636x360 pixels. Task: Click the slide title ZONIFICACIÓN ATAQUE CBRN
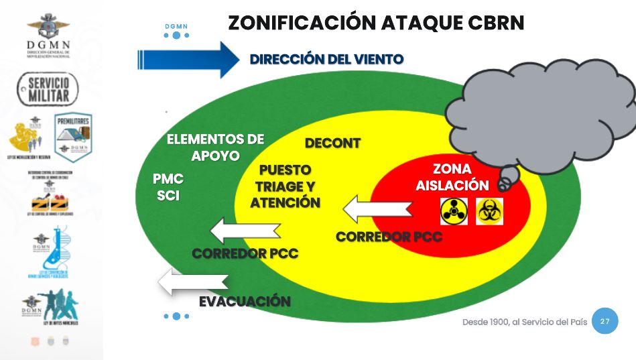coord(375,22)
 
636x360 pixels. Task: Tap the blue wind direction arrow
coord(187,59)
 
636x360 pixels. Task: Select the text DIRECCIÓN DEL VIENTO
coord(326,59)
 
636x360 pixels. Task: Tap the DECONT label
coord(332,143)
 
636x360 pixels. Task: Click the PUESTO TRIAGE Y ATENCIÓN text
coord(285,186)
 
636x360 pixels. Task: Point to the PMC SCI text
coord(168,188)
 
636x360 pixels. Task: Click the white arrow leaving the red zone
coord(377,209)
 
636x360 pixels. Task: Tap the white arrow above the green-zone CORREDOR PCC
coord(245,232)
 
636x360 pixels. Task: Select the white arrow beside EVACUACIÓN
coord(192,282)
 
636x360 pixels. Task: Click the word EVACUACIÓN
coord(245,302)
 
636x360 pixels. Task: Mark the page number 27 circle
coord(605,322)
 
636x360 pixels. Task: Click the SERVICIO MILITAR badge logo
coord(48,89)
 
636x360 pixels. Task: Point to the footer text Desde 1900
coord(524,322)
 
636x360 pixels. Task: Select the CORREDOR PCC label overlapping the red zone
coord(389,237)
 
